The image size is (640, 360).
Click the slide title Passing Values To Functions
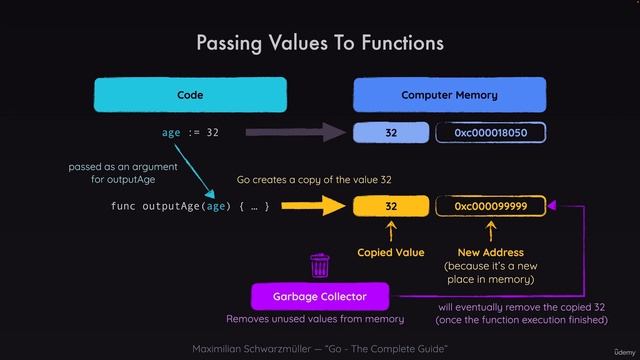[x=319, y=43]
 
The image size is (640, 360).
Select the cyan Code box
[x=190, y=95]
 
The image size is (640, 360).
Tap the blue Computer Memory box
[x=449, y=95]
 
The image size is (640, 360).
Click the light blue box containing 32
[x=390, y=133]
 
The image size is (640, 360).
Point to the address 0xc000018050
[x=490, y=133]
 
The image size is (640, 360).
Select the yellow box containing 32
[x=390, y=206]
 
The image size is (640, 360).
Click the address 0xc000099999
[x=490, y=206]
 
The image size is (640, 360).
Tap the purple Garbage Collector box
[x=320, y=297]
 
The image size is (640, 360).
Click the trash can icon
[x=320, y=266]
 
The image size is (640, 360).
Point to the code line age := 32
[x=190, y=133]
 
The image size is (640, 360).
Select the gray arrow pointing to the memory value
[x=300, y=133]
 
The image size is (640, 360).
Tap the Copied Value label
[x=391, y=253]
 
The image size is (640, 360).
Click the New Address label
[x=490, y=253]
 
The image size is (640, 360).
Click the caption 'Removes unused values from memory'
[x=315, y=319]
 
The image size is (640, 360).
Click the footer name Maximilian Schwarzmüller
[x=249, y=348]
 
